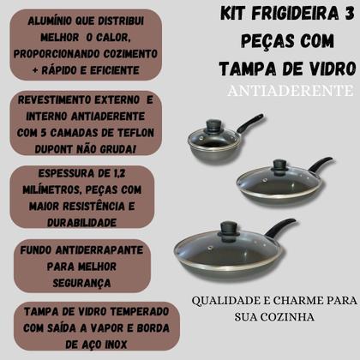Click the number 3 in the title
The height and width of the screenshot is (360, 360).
(x=348, y=14)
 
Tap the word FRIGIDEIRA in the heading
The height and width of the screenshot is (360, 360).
(x=293, y=14)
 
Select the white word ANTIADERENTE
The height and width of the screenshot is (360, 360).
(x=290, y=91)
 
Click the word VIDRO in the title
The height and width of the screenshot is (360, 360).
(x=329, y=69)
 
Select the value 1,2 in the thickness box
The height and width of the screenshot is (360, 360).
(x=118, y=173)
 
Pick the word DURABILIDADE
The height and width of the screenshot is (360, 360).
(x=81, y=223)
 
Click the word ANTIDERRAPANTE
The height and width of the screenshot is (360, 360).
(x=99, y=250)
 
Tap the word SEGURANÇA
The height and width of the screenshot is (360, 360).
(x=81, y=283)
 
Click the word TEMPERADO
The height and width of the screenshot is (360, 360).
(x=139, y=312)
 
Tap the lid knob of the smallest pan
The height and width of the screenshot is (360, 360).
(x=214, y=124)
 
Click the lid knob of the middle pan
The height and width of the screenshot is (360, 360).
(x=278, y=165)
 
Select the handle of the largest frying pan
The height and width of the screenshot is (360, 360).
(x=280, y=228)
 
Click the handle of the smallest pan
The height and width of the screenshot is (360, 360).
(x=250, y=122)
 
